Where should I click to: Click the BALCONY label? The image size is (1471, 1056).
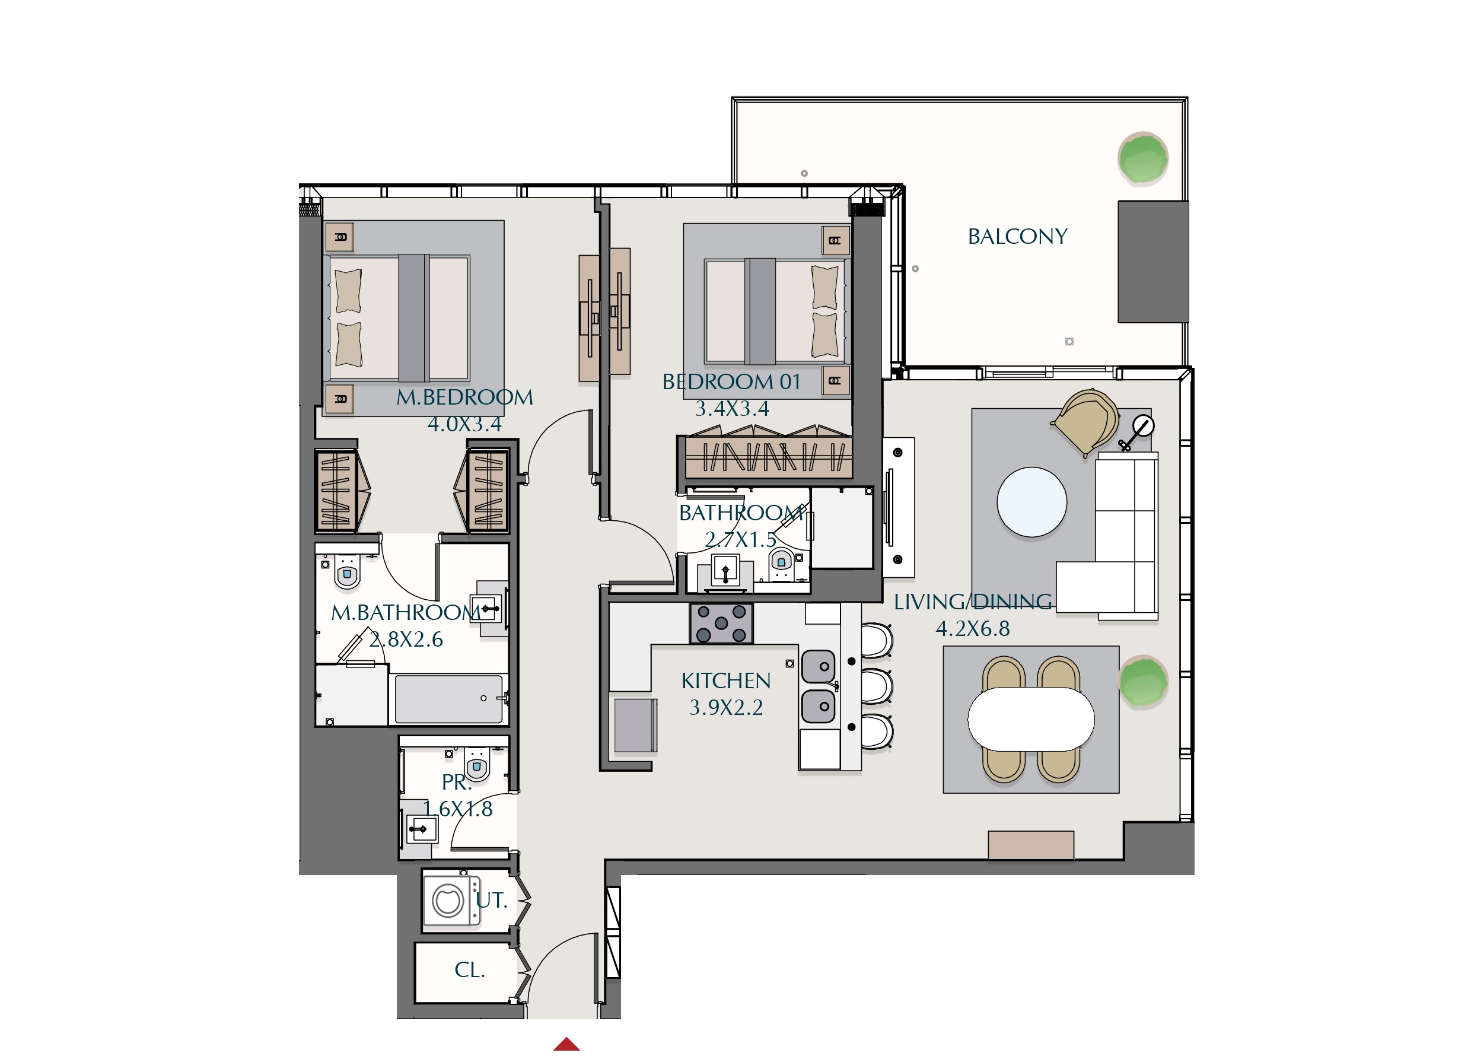(x=1017, y=236)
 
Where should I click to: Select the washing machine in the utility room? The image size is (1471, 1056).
(x=451, y=901)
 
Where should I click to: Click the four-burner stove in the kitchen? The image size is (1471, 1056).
(x=721, y=624)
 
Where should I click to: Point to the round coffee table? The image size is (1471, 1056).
(x=1031, y=502)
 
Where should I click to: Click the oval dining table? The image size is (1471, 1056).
(x=1031, y=718)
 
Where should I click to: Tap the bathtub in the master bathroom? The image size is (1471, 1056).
(x=448, y=699)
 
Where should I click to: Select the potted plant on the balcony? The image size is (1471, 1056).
(x=1143, y=158)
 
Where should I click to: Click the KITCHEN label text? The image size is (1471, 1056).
(x=726, y=680)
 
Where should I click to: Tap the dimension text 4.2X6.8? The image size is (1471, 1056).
(x=972, y=628)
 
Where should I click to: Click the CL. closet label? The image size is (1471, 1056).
(x=470, y=970)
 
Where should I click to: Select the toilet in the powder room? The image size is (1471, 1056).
(x=477, y=766)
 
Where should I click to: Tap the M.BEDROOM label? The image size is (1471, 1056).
(x=464, y=397)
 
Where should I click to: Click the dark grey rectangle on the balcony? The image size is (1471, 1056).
(x=1152, y=262)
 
